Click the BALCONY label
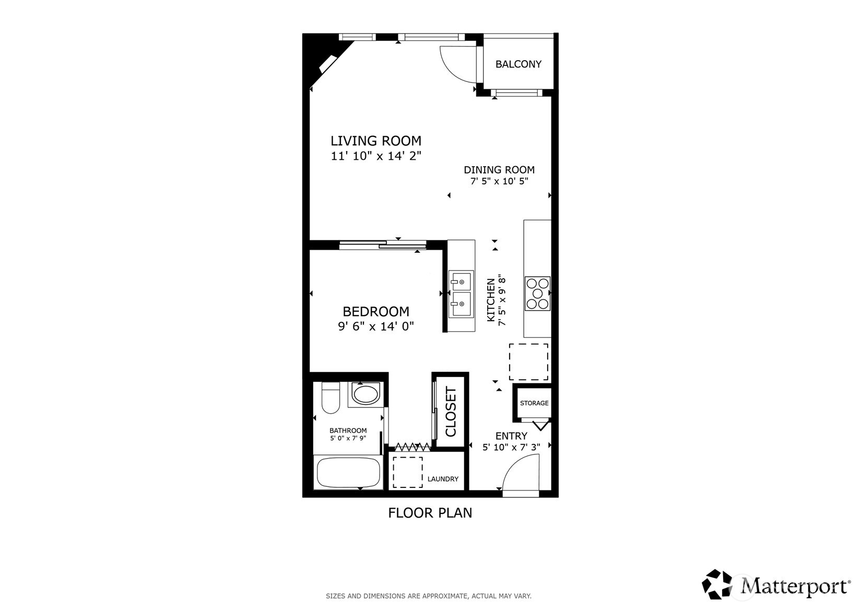(x=518, y=64)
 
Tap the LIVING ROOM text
(x=375, y=141)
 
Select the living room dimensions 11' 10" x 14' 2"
(x=375, y=156)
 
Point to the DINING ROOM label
(x=499, y=170)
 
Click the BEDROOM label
(x=375, y=311)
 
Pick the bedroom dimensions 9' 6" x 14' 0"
(x=375, y=326)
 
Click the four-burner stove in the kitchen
(x=537, y=294)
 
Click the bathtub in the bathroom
(x=348, y=472)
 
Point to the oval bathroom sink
(x=365, y=394)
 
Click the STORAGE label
(x=534, y=403)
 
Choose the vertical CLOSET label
(x=451, y=412)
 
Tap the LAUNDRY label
(x=443, y=479)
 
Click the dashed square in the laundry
(x=407, y=472)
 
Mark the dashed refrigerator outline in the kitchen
(x=528, y=361)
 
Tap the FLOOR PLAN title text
(x=430, y=513)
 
